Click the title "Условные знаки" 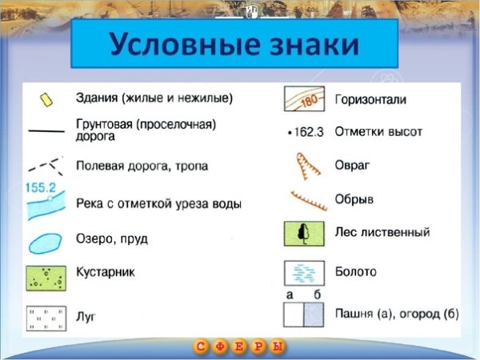click(x=234, y=45)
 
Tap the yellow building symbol click(x=47, y=98)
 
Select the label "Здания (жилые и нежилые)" click(x=154, y=99)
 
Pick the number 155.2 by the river click(x=40, y=189)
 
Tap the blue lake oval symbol click(x=46, y=242)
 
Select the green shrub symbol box click(x=46, y=278)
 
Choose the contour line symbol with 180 click(x=304, y=100)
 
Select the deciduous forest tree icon click(x=304, y=233)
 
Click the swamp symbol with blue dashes click(x=304, y=273)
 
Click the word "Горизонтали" click(x=371, y=100)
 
